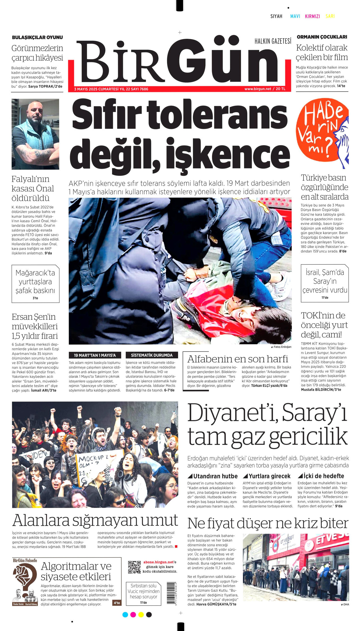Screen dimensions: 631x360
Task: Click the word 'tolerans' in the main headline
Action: pyautogui.click(x=217, y=115)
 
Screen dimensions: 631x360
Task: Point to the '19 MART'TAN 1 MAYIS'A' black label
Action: pyautogui.click(x=95, y=355)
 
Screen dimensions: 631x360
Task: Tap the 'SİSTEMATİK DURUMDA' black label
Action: pyautogui.click(x=152, y=355)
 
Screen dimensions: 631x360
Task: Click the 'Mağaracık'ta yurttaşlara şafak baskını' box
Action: pyautogui.click(x=35, y=284)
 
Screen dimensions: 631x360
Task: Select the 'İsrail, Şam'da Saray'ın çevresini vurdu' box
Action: pyautogui.click(x=325, y=283)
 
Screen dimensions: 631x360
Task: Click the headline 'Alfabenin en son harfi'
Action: pyautogui.click(x=238, y=359)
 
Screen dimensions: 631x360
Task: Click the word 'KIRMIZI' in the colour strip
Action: pyautogui.click(x=312, y=16)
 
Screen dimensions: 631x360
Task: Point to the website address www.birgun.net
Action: pyautogui.click(x=258, y=89)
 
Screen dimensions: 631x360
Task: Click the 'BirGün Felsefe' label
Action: pyautogui.click(x=25, y=560)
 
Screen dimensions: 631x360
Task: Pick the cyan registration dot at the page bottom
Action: pyautogui.click(x=125, y=615)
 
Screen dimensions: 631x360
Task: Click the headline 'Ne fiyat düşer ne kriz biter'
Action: pyautogui.click(x=268, y=523)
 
